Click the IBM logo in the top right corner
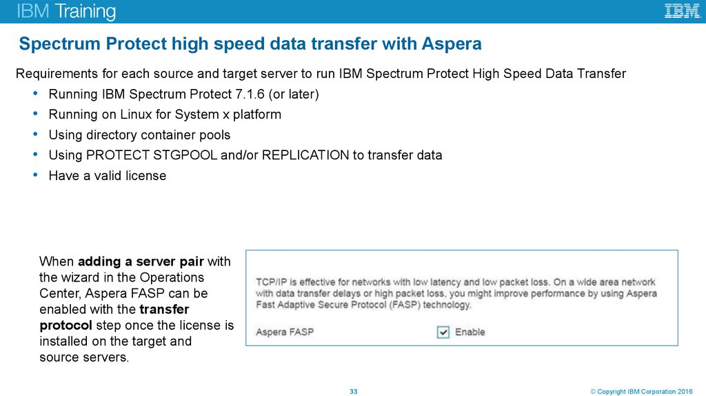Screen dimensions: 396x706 [682, 11]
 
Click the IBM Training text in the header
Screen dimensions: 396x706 [66, 12]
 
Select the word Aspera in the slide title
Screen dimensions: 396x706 [453, 44]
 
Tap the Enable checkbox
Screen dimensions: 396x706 [443, 333]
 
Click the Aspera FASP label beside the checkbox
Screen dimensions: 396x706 [285, 333]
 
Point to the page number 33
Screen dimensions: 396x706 [354, 392]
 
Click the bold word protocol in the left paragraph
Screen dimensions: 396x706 [65, 325]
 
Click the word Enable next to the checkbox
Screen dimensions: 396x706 [470, 333]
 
